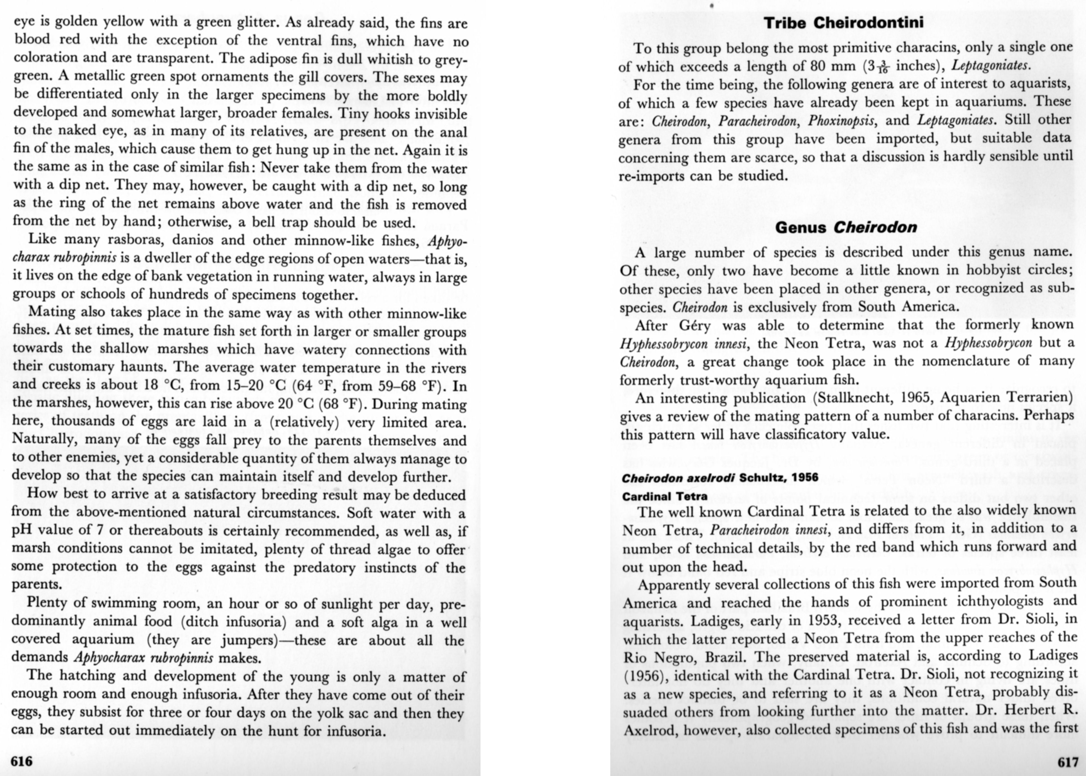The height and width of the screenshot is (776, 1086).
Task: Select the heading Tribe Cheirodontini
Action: click(x=844, y=23)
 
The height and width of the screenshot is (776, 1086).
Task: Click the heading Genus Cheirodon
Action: click(x=846, y=227)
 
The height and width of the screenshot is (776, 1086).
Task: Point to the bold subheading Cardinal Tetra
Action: click(x=664, y=497)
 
